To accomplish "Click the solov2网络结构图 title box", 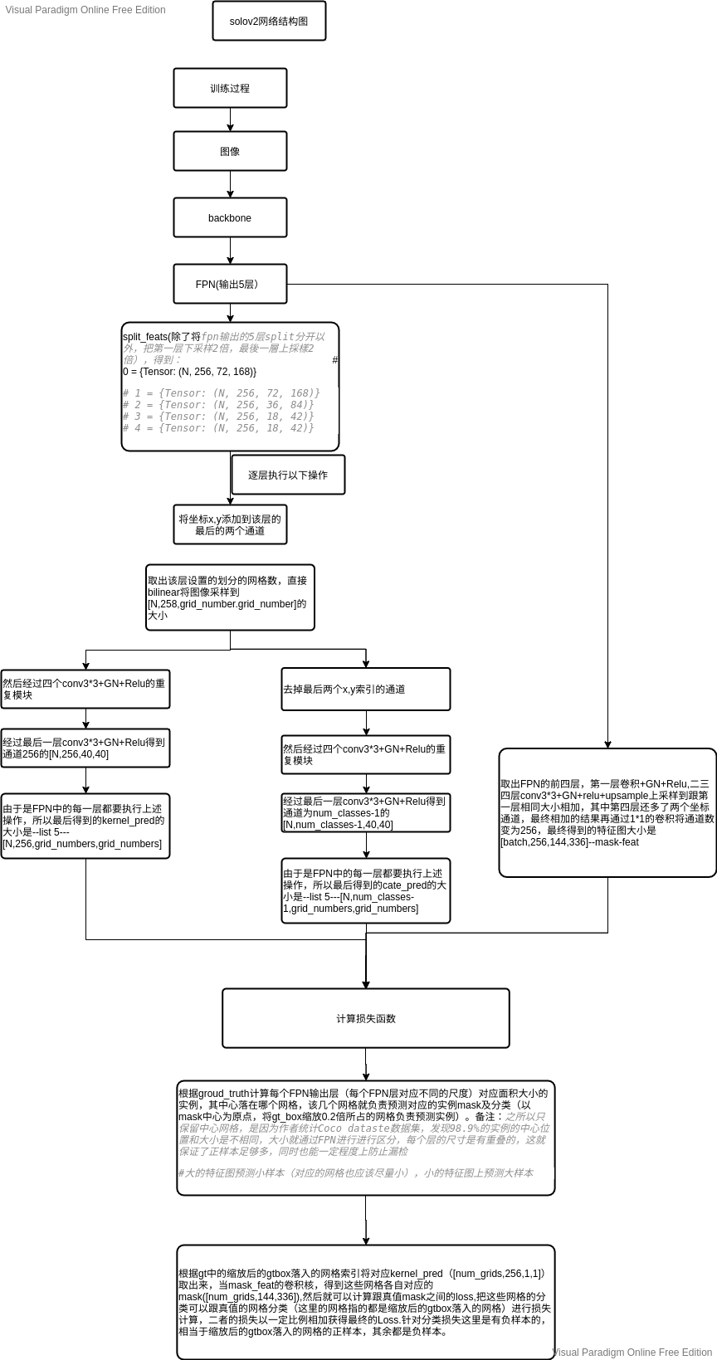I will coord(269,21).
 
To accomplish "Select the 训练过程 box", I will coord(230,88).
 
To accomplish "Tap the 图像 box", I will coord(230,151).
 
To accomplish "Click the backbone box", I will coord(230,217).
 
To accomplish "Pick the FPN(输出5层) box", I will coord(230,284).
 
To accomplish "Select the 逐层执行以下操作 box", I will coord(288,475).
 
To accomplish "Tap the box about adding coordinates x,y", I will coord(230,524).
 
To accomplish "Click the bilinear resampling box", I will coord(230,598).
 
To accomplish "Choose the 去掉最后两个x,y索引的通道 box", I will coord(366,689).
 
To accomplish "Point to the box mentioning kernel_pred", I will coord(85,826).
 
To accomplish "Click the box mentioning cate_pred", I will coord(366,890).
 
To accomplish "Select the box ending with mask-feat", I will coord(607,812).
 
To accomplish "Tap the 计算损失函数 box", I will coord(366,1018).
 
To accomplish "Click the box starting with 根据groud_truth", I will coord(366,1138).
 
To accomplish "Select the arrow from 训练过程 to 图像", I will coord(231,119).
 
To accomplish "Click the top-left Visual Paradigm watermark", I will coord(85,10).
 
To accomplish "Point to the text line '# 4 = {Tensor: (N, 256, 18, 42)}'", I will coord(218,428).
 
